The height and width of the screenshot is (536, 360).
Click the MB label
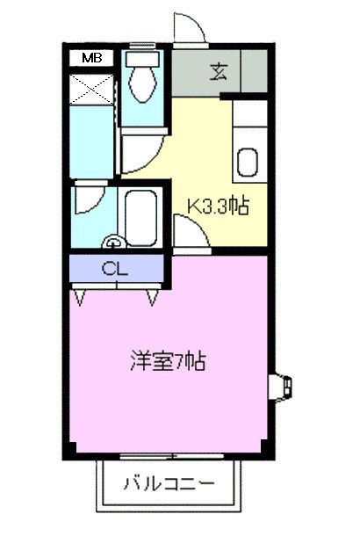91,58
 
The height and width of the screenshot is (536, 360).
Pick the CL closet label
115,269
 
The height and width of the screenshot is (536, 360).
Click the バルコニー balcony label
168,482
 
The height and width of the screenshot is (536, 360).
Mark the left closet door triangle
81,298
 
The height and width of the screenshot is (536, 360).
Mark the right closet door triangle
152,298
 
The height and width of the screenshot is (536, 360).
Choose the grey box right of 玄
253,70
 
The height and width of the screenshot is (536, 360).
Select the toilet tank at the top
140,61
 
